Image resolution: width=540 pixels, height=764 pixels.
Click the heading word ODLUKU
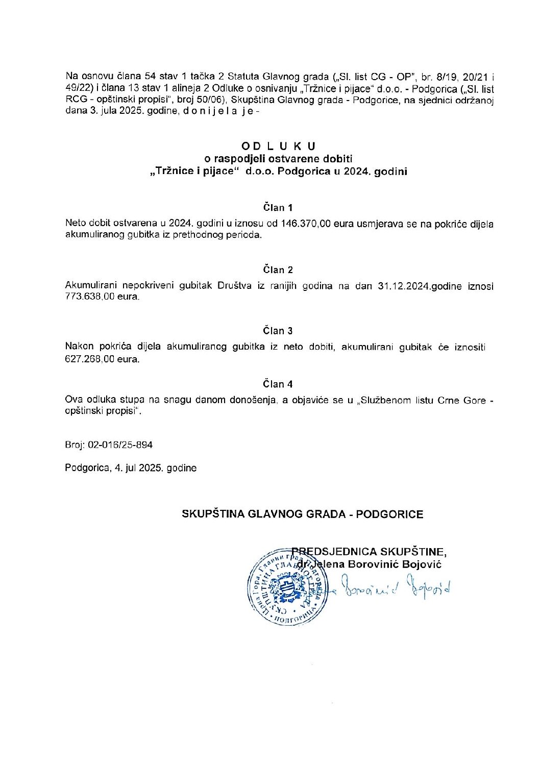(279, 146)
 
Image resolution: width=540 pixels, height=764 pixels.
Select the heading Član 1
(278, 208)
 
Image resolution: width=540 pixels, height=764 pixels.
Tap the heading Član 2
(278, 270)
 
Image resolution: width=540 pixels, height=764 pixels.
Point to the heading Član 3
(278, 331)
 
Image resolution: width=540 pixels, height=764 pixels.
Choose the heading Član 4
(278, 384)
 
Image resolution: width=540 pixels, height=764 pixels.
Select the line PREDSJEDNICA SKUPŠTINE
(370, 552)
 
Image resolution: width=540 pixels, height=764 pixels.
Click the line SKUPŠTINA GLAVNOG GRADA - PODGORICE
(303, 514)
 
